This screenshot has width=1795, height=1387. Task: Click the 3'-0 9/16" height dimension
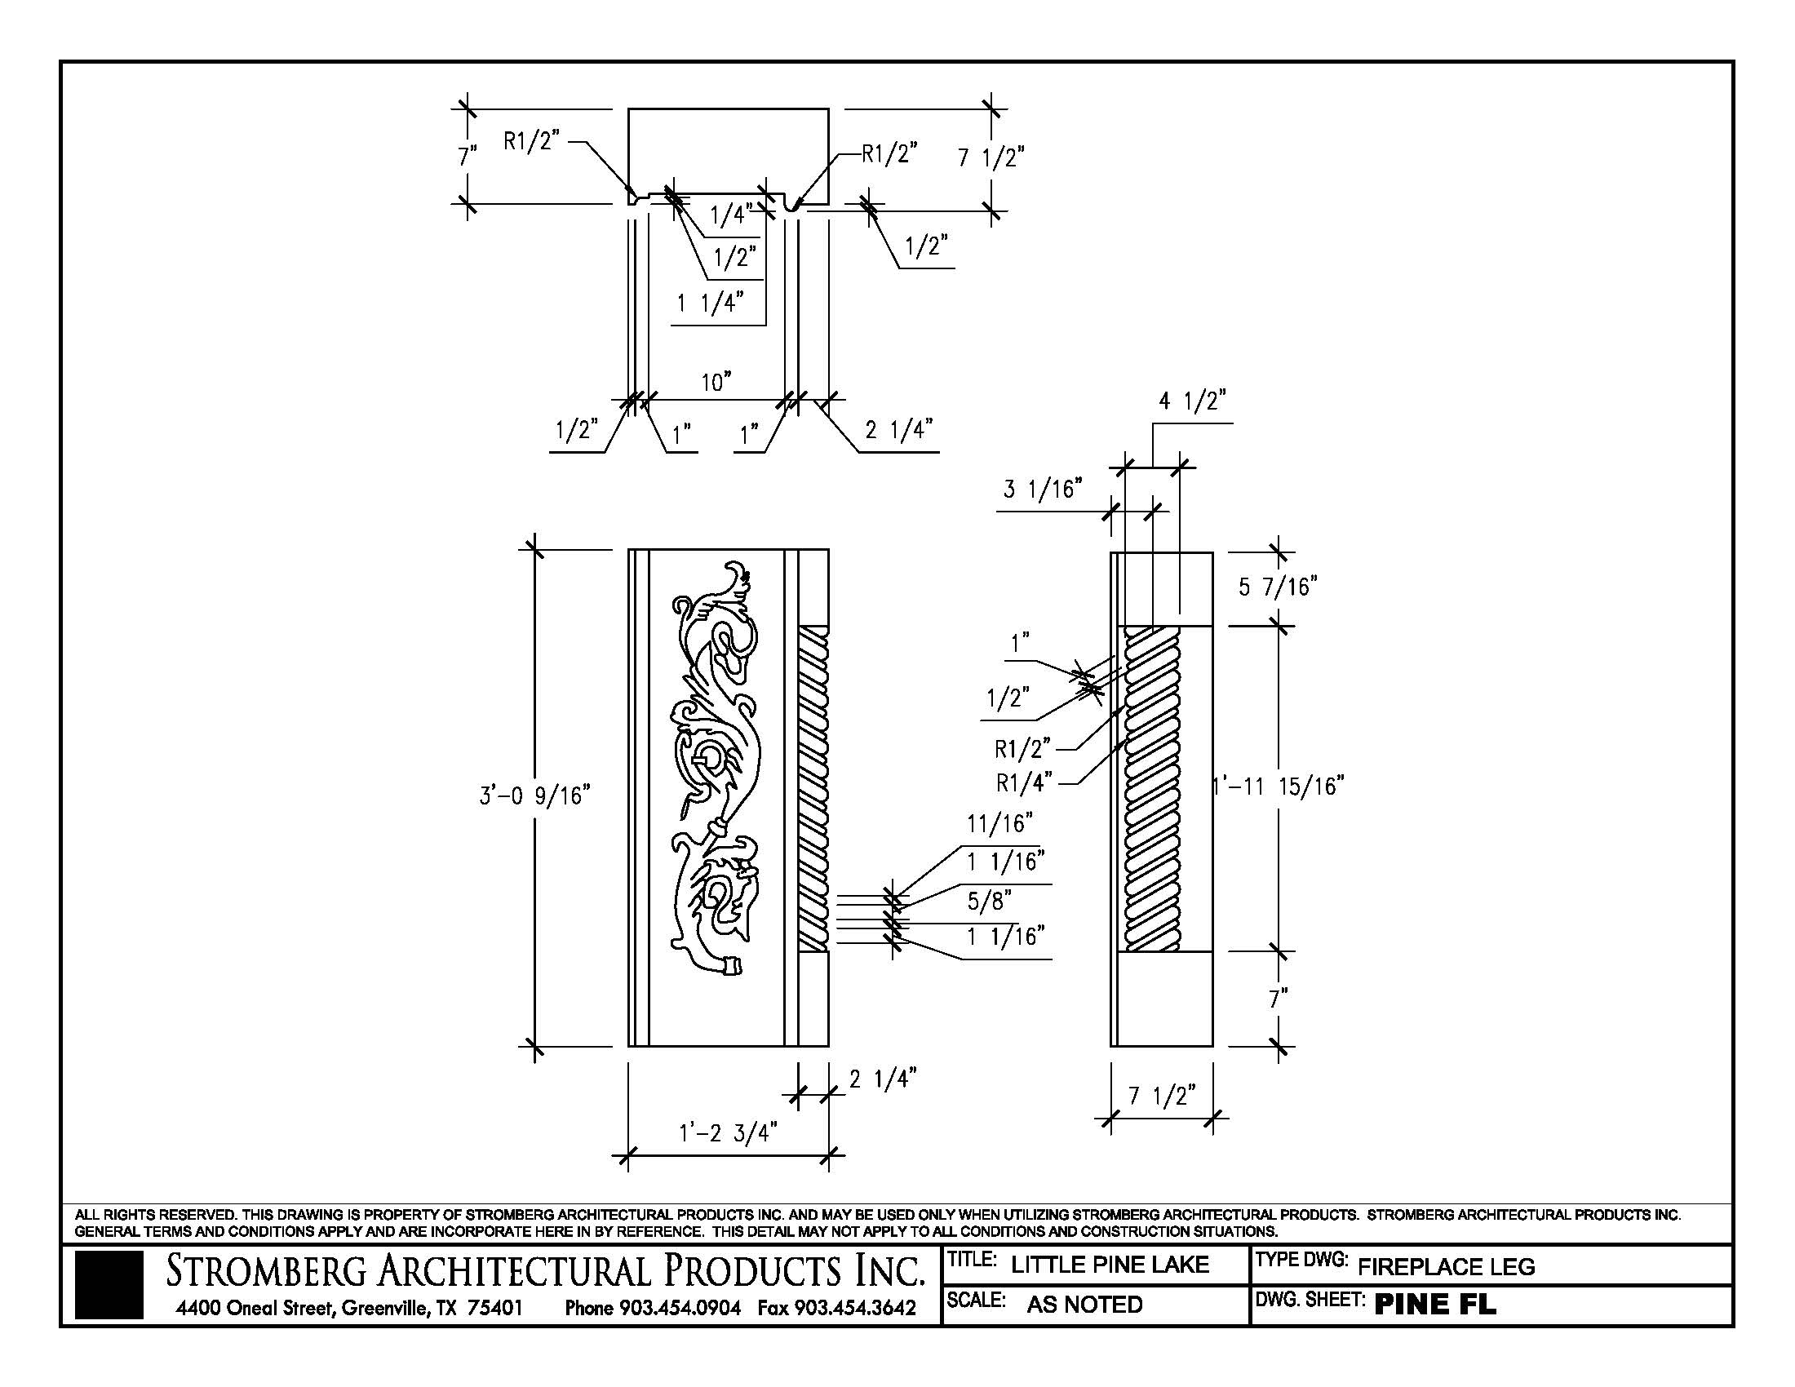(535, 795)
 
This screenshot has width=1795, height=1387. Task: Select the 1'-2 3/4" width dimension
(727, 1133)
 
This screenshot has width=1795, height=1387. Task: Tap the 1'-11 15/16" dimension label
(1279, 787)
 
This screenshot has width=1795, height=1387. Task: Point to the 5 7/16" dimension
(1278, 587)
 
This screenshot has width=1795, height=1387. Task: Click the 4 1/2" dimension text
(1192, 401)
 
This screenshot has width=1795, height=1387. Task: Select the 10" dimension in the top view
(716, 383)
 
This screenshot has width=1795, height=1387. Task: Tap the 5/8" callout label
(989, 902)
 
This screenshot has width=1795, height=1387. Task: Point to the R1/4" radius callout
(1023, 783)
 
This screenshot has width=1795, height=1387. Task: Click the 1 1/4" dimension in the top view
(710, 304)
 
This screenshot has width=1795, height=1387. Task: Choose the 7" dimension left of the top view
(468, 156)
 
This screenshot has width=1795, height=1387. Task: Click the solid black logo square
(109, 1285)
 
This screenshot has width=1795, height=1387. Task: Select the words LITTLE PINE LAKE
(1110, 1265)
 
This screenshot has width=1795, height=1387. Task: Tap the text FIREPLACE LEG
(1446, 1266)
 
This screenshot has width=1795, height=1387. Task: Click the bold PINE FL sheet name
(1435, 1304)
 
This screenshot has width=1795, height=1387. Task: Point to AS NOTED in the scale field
(1084, 1304)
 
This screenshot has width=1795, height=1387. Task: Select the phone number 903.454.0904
(680, 1307)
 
